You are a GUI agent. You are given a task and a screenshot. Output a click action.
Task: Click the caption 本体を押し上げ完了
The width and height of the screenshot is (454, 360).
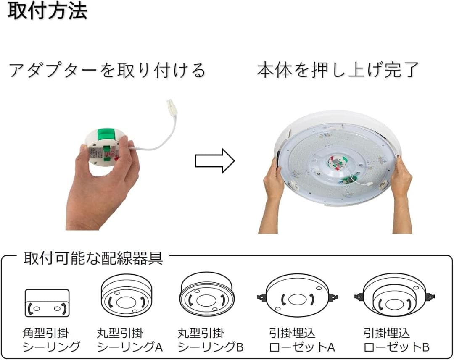(338, 70)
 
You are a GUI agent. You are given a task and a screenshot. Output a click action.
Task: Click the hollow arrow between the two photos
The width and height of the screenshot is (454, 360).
(215, 161)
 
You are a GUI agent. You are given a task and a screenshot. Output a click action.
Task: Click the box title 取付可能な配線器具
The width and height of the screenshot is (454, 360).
(93, 258)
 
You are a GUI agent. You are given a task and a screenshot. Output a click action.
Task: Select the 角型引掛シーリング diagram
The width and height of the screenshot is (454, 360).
(47, 303)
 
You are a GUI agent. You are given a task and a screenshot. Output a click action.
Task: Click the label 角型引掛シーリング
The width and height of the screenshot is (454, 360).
(51, 340)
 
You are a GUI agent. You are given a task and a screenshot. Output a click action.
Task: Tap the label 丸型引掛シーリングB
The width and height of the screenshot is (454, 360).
(211, 340)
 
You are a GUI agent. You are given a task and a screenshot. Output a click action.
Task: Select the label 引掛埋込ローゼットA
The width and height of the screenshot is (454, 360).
(302, 340)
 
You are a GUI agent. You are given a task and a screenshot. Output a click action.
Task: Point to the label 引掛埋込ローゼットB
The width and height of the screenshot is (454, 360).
(396, 340)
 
